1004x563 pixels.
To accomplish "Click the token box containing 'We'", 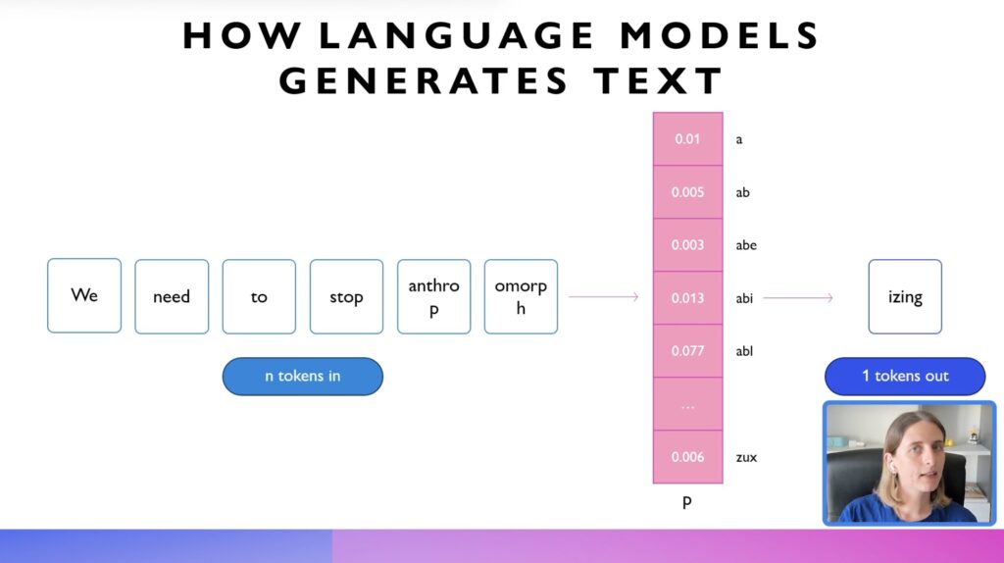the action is (x=84, y=295).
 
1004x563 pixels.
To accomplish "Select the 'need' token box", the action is (x=172, y=296).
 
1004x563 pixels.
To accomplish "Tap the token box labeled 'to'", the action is (x=259, y=296).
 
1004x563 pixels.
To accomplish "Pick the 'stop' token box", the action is (x=346, y=296).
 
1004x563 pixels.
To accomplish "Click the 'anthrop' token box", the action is (x=433, y=296).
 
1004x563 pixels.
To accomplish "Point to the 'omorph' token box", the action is (x=521, y=296).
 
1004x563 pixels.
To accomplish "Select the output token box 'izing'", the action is (x=905, y=296).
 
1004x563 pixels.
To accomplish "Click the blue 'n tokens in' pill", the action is (x=303, y=376).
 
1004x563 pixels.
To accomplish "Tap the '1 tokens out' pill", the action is (x=905, y=376).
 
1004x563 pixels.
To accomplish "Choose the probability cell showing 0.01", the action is (x=687, y=139).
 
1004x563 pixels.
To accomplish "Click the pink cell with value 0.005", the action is (x=687, y=192).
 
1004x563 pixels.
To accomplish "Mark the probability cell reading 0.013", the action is (x=687, y=298).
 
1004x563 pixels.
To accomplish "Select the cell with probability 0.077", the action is (x=687, y=351).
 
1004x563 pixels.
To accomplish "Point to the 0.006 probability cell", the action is (x=687, y=457).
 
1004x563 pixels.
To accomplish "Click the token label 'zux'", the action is (x=746, y=457).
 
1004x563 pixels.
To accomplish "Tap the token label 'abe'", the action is (x=746, y=244).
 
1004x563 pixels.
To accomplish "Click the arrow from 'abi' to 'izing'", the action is (x=798, y=298).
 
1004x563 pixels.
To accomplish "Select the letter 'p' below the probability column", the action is (x=687, y=503).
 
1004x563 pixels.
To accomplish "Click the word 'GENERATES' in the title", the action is (x=424, y=81).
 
